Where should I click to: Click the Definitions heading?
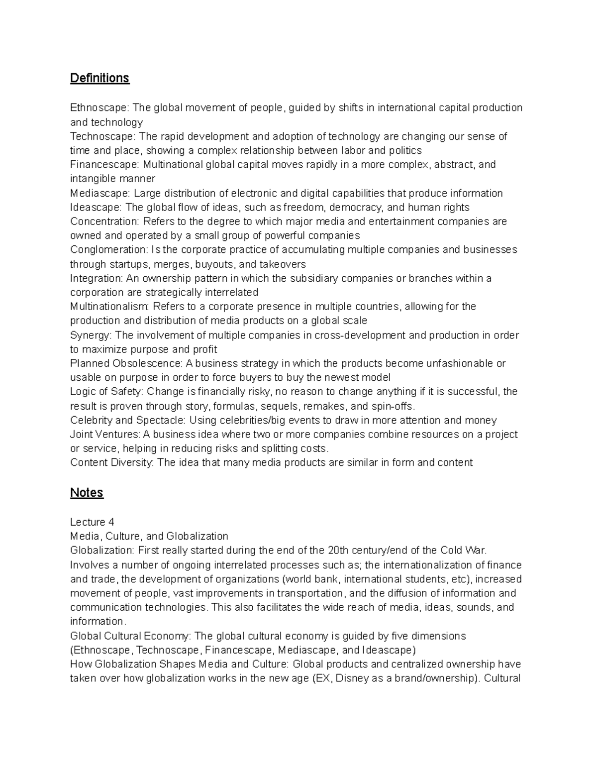click(x=99, y=78)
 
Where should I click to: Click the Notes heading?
click(x=87, y=492)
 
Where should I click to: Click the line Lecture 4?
click(x=92, y=522)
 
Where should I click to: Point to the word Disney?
click(x=352, y=678)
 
